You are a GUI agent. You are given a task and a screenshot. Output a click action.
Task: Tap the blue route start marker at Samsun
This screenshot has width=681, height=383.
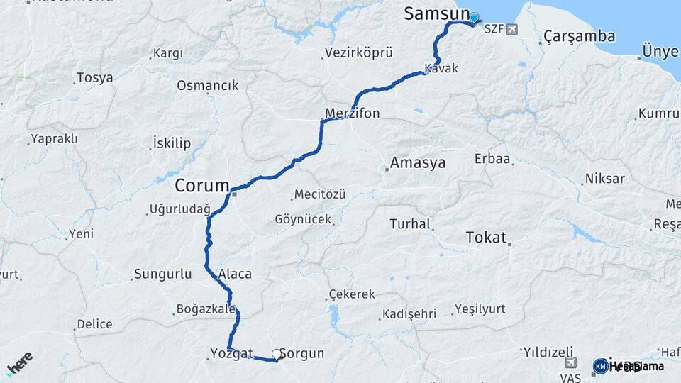coord(474,18)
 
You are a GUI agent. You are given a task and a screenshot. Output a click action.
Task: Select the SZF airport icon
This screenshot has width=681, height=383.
coord(512,30)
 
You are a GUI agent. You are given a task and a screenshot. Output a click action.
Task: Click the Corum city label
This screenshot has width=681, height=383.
coord(201,186)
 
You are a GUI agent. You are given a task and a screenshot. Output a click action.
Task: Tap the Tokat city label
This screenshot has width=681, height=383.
coord(486,238)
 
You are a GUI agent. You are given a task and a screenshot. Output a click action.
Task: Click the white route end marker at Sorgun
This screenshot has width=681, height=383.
coord(276,353)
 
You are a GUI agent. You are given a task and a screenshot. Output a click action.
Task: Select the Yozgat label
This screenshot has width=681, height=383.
coord(231,353)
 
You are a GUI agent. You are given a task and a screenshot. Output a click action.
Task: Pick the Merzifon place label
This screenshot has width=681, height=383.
coord(353,113)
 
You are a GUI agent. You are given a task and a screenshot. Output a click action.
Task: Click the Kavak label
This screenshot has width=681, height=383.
coord(441,69)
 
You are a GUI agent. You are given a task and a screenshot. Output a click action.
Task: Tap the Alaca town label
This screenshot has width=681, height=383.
coord(236,274)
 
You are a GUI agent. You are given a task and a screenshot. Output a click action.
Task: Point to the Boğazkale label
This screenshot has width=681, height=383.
coord(205,309)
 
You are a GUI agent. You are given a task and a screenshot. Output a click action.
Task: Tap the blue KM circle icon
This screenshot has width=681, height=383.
coord(600,366)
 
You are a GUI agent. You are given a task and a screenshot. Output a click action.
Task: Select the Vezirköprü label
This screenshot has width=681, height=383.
coord(358,52)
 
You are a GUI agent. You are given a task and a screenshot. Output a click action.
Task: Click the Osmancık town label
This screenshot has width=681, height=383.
coord(207,85)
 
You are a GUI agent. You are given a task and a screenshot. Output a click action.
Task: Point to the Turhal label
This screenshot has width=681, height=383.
coord(410,224)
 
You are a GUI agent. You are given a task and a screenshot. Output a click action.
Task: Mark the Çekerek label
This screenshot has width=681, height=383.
coord(352,294)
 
